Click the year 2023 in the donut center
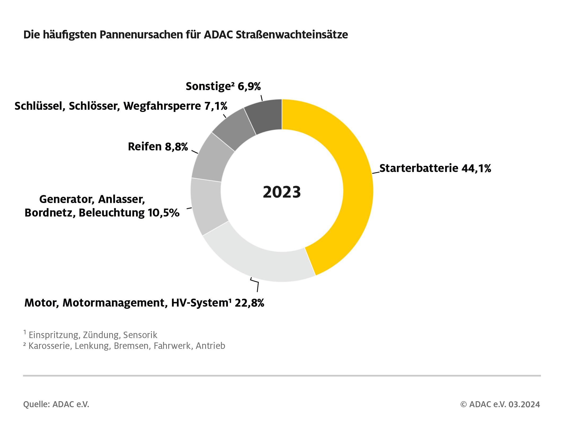[x=282, y=192]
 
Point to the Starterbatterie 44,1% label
[x=435, y=168]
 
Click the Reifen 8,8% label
[x=158, y=147]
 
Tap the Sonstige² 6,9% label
[x=223, y=86]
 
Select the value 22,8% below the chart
[x=249, y=303]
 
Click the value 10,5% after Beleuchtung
[x=163, y=213]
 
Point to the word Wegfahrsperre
[x=162, y=106]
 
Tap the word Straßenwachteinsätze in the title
[x=292, y=35]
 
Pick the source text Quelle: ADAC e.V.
[x=56, y=404]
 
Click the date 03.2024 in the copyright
[x=524, y=404]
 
